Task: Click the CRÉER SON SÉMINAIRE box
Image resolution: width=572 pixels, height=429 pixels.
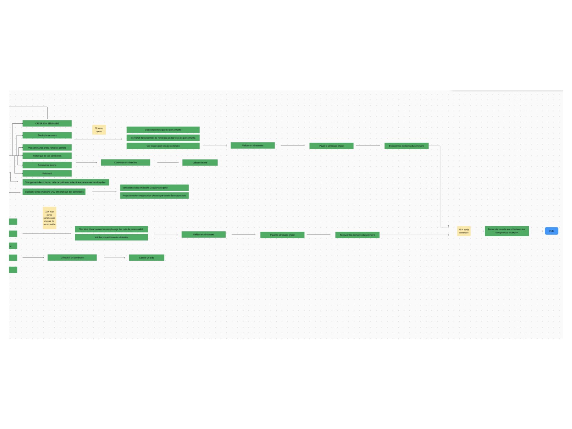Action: click(47, 123)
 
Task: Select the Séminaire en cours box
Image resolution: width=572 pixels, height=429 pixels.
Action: click(47, 135)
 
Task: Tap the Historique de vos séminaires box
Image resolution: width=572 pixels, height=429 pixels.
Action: click(47, 156)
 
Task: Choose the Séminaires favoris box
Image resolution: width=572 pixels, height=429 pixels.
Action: click(47, 165)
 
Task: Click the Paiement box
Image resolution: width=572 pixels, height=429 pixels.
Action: click(47, 173)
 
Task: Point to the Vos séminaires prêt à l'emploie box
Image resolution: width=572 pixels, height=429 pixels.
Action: click(47, 148)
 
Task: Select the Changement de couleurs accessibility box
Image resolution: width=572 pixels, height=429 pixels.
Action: click(65, 182)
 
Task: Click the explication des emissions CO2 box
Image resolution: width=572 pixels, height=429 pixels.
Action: click(54, 192)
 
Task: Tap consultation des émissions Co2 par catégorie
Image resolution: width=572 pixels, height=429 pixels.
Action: click(154, 188)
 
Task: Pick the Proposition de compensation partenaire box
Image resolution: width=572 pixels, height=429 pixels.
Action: click(154, 196)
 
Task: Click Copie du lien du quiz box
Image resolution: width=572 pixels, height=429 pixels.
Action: click(163, 130)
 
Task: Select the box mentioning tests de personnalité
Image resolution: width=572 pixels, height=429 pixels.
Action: click(163, 138)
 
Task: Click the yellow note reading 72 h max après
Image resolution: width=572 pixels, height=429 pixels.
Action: click(99, 130)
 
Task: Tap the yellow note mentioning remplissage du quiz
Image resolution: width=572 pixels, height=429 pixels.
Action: click(49, 218)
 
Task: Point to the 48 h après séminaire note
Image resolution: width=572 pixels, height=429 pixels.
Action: click(464, 231)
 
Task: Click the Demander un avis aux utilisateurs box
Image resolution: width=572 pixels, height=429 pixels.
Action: click(507, 231)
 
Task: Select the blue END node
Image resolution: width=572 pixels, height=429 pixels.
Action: click(551, 231)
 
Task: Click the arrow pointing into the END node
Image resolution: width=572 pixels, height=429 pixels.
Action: click(537, 231)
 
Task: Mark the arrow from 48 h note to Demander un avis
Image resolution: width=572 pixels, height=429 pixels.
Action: click(478, 231)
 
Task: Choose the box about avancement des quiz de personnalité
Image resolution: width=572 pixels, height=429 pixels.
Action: click(111, 229)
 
